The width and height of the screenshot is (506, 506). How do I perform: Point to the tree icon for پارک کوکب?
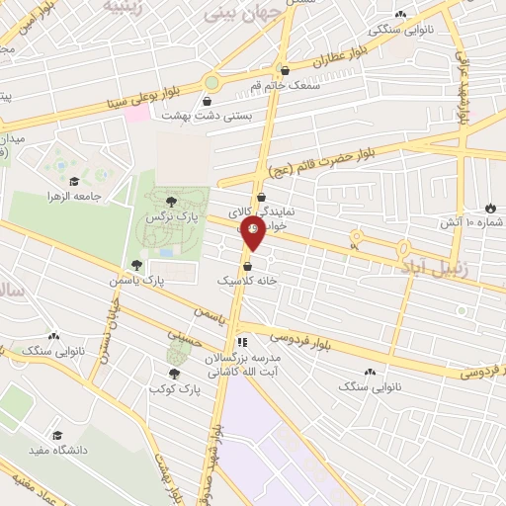pyautogui.click(x=175, y=374)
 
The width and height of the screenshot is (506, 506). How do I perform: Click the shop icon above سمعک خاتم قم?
pyautogui.click(x=285, y=71)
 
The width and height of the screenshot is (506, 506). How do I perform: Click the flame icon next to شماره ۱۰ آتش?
pyautogui.click(x=490, y=208)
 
